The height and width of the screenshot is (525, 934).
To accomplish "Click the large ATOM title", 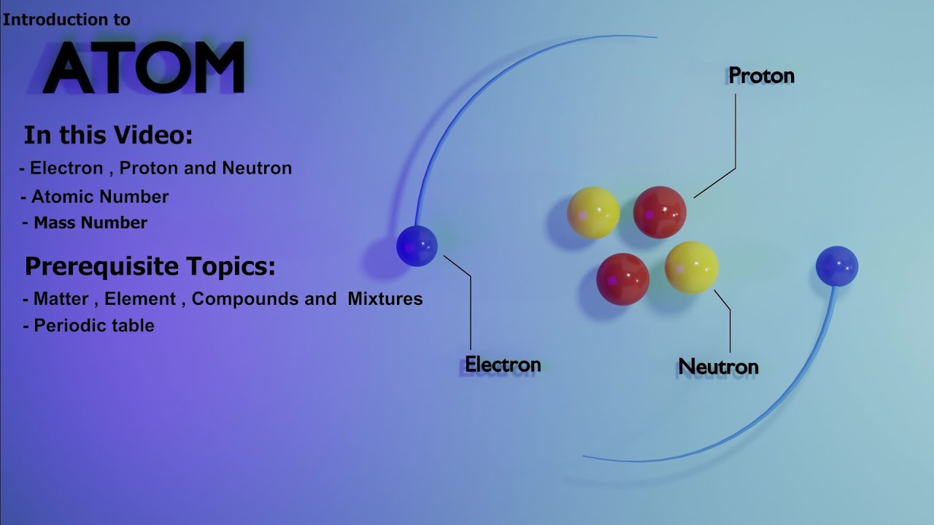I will [143, 68].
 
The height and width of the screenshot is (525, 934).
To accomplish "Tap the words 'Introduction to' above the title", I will [66, 20].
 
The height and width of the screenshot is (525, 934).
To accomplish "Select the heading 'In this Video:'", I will [108, 136].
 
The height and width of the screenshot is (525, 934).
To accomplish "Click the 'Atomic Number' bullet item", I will [99, 197].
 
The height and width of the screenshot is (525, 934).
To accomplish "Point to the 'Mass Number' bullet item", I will [90, 223].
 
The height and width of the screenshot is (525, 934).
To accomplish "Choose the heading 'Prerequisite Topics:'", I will [150, 266].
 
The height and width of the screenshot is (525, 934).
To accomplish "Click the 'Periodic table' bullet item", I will [93, 325].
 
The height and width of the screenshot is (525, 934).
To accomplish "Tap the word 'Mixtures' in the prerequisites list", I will [385, 299].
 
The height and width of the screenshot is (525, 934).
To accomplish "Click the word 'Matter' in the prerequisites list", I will [61, 299].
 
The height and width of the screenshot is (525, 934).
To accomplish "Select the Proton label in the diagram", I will [761, 76].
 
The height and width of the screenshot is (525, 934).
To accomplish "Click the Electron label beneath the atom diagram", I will [503, 365].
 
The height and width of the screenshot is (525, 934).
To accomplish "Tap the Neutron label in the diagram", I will [718, 366].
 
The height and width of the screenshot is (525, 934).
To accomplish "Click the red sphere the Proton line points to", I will [660, 212].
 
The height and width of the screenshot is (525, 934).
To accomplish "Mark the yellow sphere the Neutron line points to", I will [691, 268].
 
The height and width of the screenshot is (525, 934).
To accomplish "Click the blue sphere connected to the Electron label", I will [417, 246].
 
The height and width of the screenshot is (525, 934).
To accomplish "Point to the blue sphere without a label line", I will [836, 266].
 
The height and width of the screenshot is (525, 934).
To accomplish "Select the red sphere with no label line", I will [622, 279].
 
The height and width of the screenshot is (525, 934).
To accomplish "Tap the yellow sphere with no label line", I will [593, 212].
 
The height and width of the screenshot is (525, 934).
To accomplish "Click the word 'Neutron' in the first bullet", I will [257, 168].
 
